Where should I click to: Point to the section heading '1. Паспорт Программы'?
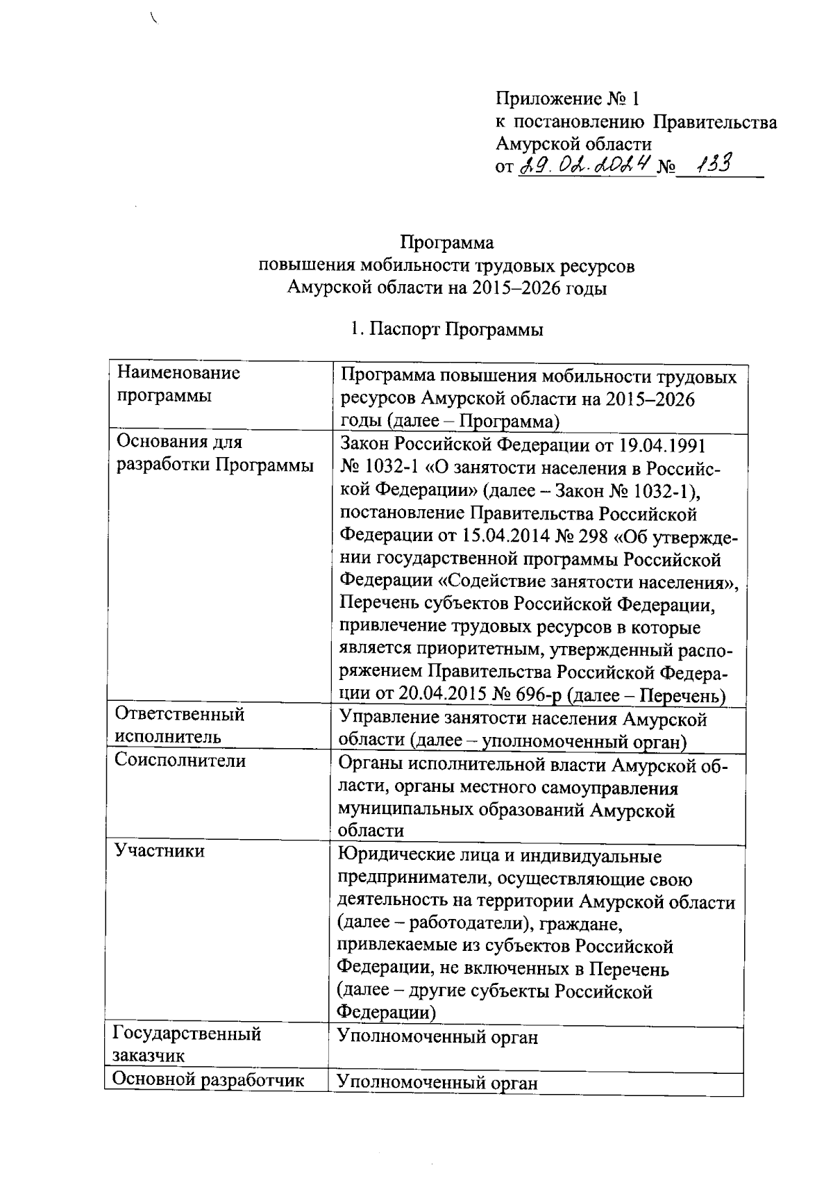pos(447,329)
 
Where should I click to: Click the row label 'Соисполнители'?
pos(180,760)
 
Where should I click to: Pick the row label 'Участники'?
pos(160,850)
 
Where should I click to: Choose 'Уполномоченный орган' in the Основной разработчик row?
pos(437,1082)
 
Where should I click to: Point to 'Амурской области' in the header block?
pos(573,144)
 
